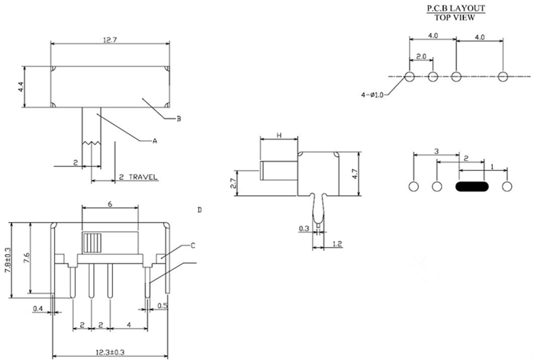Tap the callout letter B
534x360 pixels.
[178, 118]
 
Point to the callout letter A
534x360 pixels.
[154, 141]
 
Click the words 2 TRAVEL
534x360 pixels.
[138, 177]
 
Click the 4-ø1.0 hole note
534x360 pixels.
[374, 95]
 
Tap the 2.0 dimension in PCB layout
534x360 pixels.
[421, 57]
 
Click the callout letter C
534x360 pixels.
[193, 245]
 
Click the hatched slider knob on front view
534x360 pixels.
[92, 243]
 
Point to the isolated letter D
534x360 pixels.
[200, 209]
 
